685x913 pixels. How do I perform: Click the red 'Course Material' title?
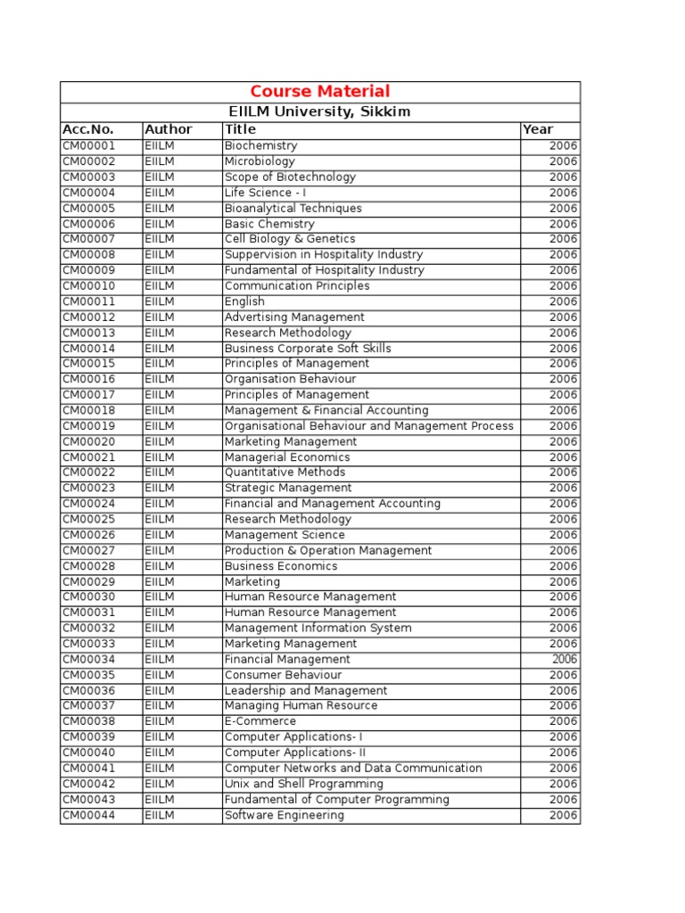click(319, 92)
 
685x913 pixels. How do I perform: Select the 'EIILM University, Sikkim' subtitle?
click(319, 112)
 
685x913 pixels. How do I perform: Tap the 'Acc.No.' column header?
click(88, 129)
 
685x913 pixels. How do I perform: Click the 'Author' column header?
click(169, 129)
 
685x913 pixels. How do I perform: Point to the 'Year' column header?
click(538, 129)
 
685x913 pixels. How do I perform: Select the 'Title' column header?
click(240, 129)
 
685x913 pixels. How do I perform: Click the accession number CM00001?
click(89, 146)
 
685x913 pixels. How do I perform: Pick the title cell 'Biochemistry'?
click(260, 146)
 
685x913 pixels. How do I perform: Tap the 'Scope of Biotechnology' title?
click(290, 177)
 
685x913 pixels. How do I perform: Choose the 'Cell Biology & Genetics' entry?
click(290, 239)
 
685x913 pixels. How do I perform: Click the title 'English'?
click(244, 301)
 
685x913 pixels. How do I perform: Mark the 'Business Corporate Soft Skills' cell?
click(308, 349)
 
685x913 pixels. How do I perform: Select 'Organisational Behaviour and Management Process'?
click(368, 426)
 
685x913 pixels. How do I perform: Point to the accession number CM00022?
click(89, 473)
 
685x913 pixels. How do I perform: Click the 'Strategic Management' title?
click(288, 489)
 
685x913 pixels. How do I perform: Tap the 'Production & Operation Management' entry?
click(328, 551)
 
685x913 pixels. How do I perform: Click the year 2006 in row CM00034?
click(564, 660)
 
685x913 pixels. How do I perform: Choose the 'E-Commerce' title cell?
click(260, 721)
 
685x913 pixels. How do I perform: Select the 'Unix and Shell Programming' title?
click(304, 784)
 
